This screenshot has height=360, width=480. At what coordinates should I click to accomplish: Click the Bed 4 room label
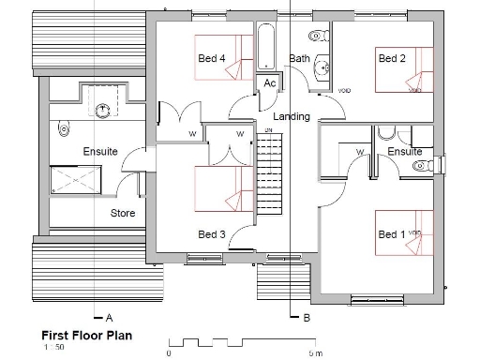point(211,58)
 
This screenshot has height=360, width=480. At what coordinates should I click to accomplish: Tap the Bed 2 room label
point(391,58)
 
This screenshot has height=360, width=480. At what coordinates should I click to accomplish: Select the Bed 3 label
point(212,233)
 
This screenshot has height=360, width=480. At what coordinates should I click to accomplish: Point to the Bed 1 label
point(388,233)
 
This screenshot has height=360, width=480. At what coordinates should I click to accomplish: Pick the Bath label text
point(299,58)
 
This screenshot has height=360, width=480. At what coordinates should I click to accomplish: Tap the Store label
point(123,213)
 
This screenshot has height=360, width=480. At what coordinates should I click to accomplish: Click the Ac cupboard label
point(269,83)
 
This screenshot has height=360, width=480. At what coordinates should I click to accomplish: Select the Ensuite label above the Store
point(100,151)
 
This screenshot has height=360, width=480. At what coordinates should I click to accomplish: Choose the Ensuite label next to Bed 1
point(404,151)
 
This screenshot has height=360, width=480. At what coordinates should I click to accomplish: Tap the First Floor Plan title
point(85,334)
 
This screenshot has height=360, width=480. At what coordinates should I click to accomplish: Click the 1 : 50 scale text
point(52,347)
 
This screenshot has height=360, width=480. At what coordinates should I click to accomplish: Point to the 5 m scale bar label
point(316,353)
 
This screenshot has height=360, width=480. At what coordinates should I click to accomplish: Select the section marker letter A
point(110,317)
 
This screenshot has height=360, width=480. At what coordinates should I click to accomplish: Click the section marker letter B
point(307,317)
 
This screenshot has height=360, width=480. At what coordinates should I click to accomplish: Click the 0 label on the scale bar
point(168,353)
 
